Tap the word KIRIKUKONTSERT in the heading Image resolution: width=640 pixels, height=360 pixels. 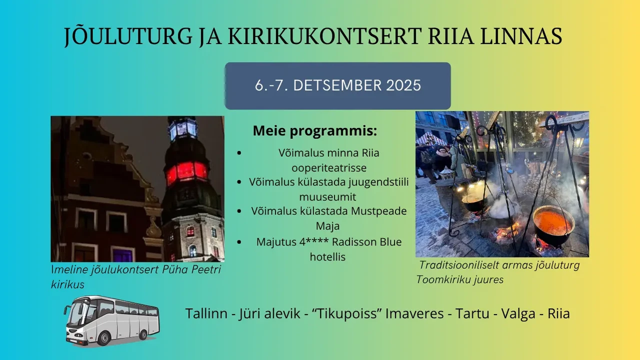click(325, 36)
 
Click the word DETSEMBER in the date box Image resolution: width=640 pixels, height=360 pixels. click(337, 85)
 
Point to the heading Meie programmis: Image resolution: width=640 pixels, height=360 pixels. click(315, 130)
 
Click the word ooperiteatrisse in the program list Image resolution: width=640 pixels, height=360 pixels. click(329, 167)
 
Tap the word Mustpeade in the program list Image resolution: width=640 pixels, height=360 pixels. click(379, 211)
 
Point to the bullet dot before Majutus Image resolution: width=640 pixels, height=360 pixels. click(239, 242)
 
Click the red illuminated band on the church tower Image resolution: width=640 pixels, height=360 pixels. click(186, 172)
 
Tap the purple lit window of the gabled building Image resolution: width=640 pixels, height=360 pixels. click(123, 255)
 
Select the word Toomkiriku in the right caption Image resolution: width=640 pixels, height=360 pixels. click(443, 279)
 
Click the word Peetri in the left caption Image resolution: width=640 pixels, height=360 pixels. click(205, 269)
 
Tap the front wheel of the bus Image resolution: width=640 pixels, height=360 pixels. click(104, 338)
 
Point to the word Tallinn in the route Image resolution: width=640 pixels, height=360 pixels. click(206, 313)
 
